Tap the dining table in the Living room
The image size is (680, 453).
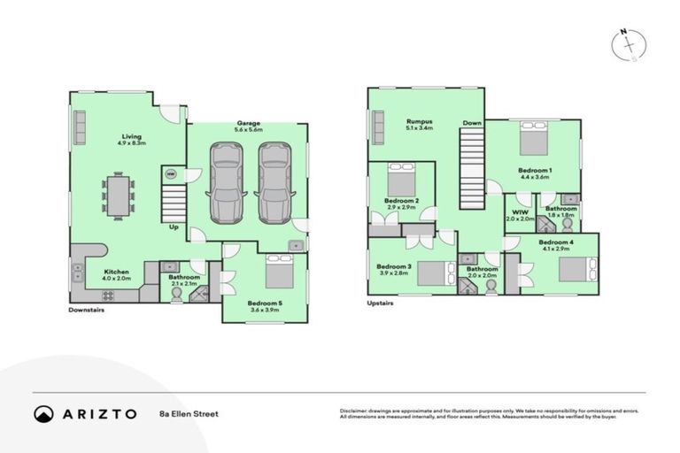point(118,193)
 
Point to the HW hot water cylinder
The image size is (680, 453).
point(170,174)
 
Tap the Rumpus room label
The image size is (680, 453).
point(418,121)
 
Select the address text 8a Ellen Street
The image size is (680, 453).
point(189,414)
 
